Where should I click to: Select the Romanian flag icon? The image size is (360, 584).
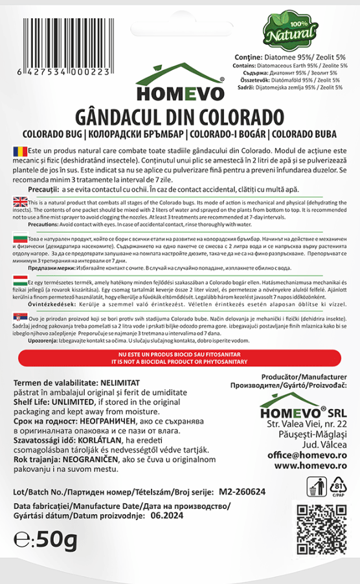coord(17,151)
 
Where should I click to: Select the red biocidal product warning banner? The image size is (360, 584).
coord(179,357)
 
